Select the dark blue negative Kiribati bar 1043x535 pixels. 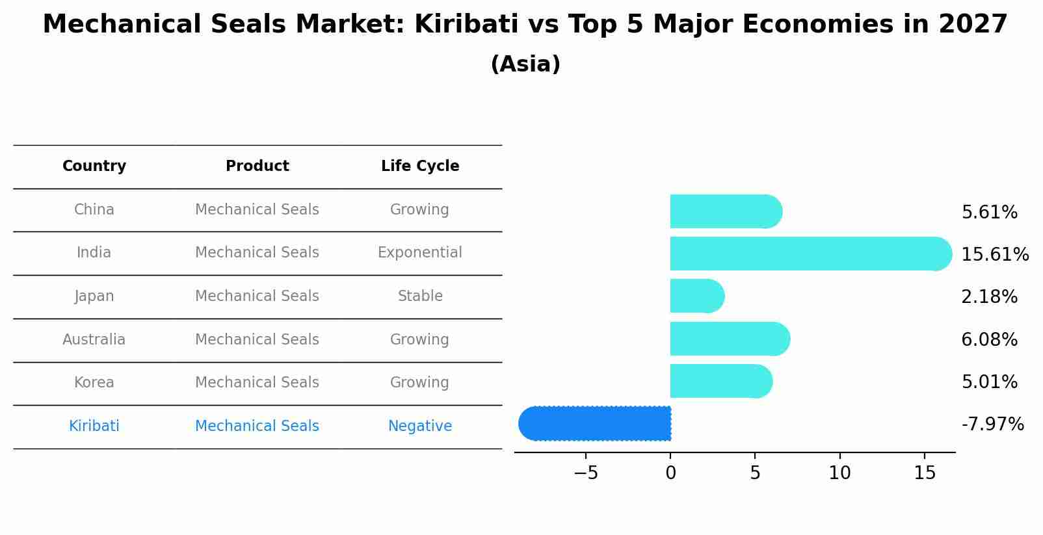click(x=595, y=423)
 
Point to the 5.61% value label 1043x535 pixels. click(x=989, y=213)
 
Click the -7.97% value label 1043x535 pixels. click(x=992, y=424)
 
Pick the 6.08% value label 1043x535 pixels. click(x=989, y=339)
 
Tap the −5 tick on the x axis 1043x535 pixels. click(x=585, y=473)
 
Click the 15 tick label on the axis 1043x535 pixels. click(x=924, y=473)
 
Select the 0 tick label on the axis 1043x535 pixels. click(x=670, y=473)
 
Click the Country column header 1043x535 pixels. click(x=94, y=166)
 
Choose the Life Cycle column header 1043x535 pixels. click(x=420, y=166)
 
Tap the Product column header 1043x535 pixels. click(x=257, y=166)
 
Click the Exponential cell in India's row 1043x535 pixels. click(x=420, y=252)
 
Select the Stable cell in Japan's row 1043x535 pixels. click(x=420, y=296)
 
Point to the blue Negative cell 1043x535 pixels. click(x=420, y=426)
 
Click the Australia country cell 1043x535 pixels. click(x=94, y=339)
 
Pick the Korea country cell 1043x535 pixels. click(x=94, y=382)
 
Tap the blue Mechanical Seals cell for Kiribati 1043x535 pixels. click(x=257, y=426)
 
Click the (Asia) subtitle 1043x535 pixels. click(x=525, y=64)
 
